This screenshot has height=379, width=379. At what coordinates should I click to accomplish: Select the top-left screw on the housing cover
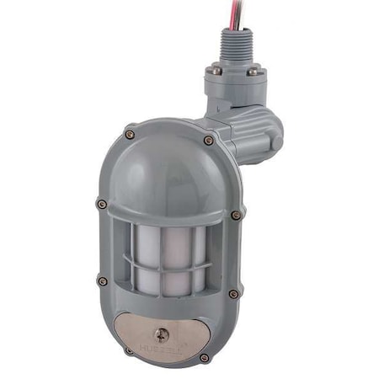pyautogui.click(x=130, y=132)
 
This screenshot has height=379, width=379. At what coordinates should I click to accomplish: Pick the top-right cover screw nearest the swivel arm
pyautogui.click(x=208, y=140)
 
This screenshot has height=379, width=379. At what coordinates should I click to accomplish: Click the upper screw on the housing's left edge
pyautogui.click(x=102, y=203)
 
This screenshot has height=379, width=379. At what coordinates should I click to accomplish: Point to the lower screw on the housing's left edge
pyautogui.click(x=103, y=280)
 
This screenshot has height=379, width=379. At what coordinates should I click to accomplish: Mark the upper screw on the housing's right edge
pyautogui.click(x=236, y=215)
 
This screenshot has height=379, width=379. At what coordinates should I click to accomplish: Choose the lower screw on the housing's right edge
pyautogui.click(x=233, y=294)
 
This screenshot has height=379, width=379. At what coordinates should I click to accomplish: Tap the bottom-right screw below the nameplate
pyautogui.click(x=204, y=357)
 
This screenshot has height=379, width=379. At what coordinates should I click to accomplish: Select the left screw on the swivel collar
pyautogui.click(x=216, y=72)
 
